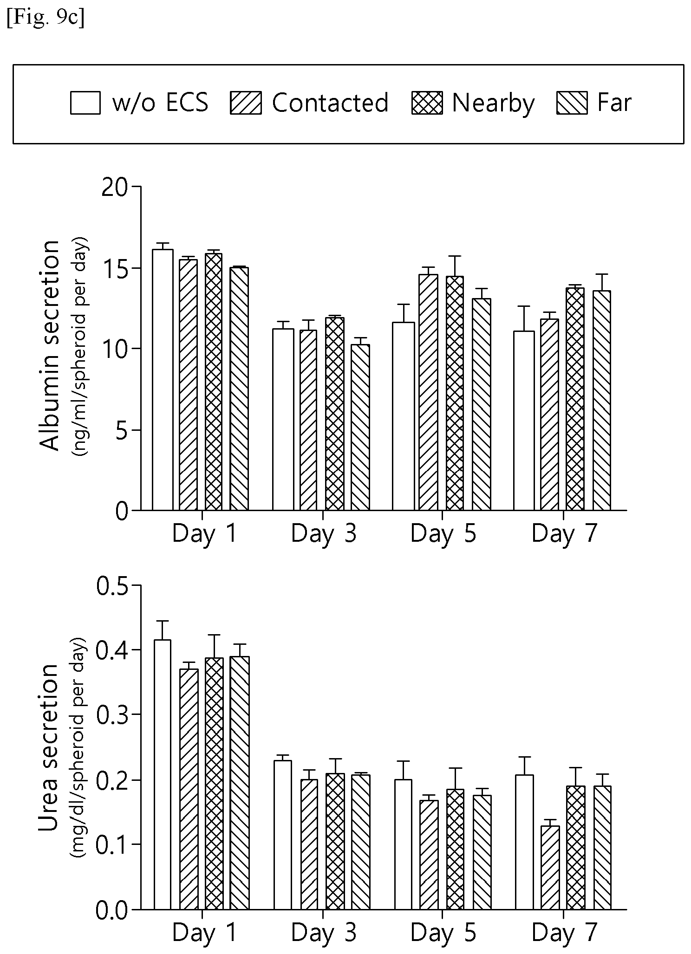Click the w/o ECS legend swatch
coord(85,103)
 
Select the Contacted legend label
coord(330,103)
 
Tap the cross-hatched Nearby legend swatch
coord(426,103)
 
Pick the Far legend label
coord(614,103)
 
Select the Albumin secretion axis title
coord(50,345)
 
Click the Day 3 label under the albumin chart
coord(324,534)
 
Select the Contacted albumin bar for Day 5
coord(428,392)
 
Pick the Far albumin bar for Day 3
coord(360,428)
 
